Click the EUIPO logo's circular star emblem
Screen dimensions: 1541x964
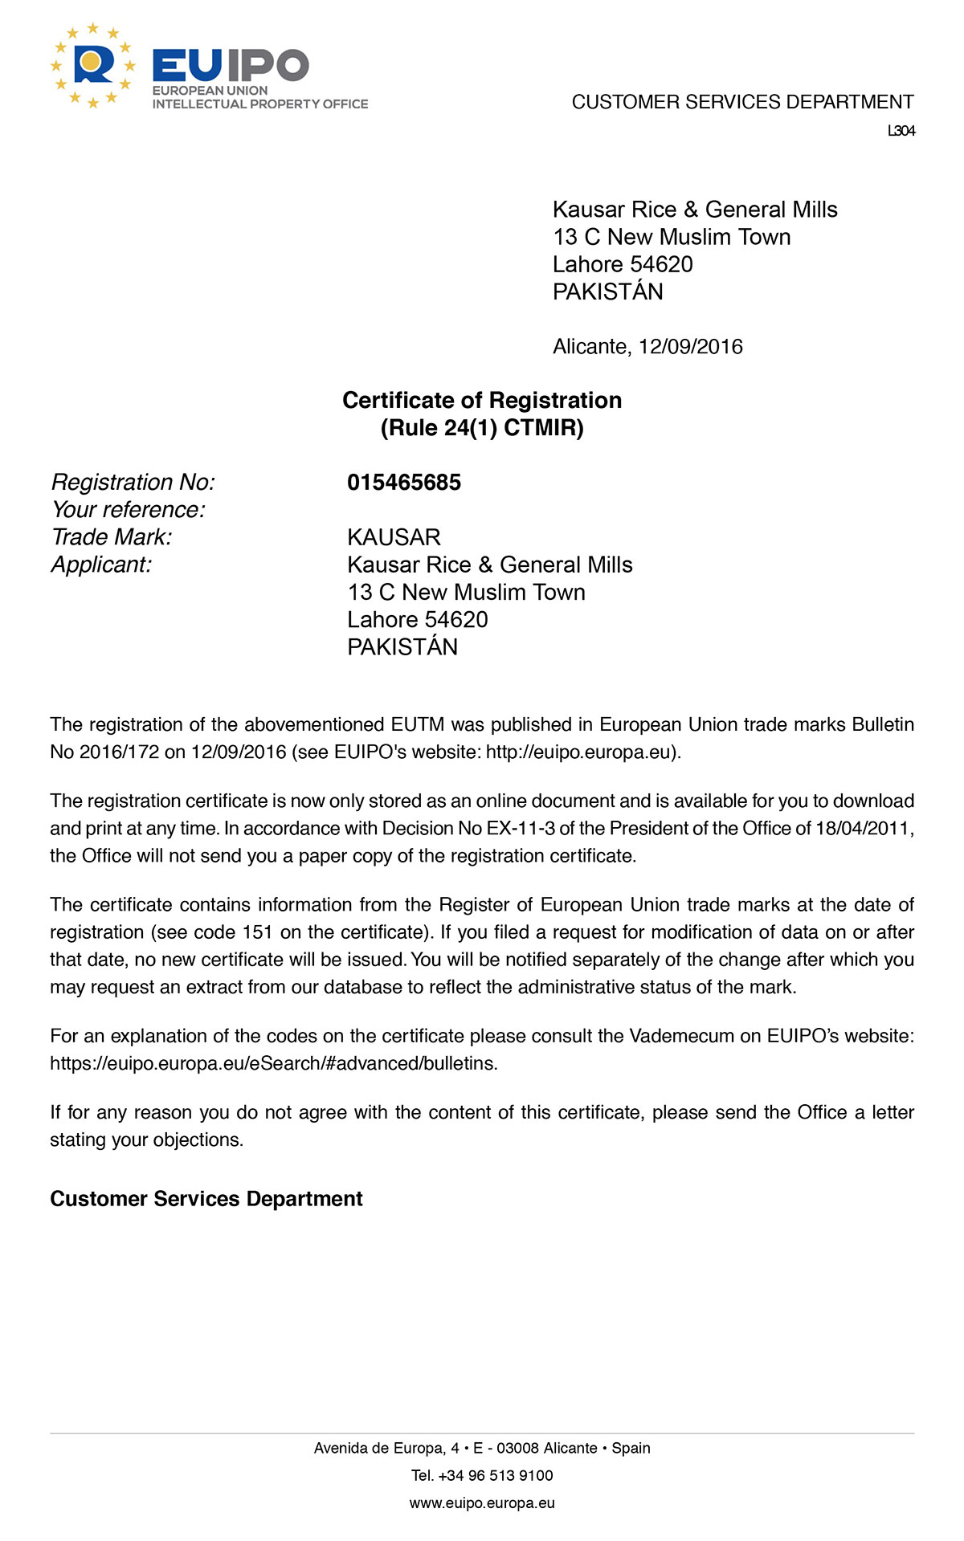pos(93,66)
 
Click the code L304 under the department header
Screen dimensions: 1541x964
pos(901,131)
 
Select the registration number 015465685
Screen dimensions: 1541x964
pos(404,483)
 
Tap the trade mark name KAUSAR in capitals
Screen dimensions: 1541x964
pos(394,537)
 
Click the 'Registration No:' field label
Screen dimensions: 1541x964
pos(133,483)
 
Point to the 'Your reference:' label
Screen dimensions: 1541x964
pos(129,510)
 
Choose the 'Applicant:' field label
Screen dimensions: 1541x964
pos(101,565)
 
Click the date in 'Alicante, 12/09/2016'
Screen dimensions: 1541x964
pos(691,347)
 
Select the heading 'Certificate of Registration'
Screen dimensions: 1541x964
pos(482,400)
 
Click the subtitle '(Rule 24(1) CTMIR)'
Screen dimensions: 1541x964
pos(482,427)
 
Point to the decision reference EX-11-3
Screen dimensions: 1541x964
pos(521,828)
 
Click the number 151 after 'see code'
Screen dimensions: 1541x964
pos(258,932)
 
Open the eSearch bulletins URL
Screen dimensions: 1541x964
pos(273,1063)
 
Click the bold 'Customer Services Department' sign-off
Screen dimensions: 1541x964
pos(206,1199)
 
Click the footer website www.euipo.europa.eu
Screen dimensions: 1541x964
pos(482,1502)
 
